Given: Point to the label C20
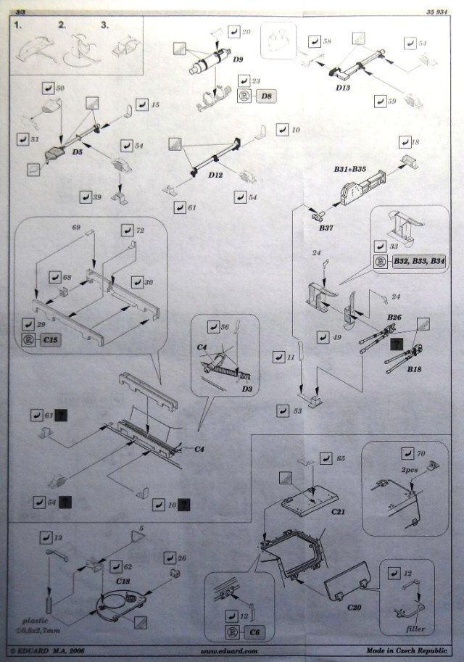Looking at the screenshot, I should tap(355, 606).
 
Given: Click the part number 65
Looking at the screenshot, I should tap(341, 458).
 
